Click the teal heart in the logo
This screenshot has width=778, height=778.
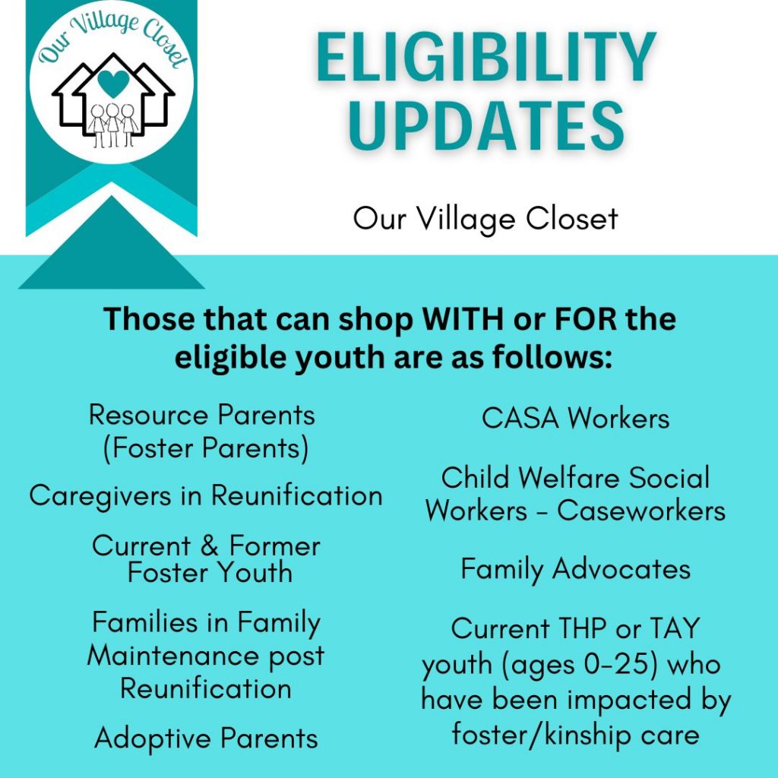[113, 83]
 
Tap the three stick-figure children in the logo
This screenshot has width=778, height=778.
[113, 125]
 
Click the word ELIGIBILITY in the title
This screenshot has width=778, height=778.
[486, 58]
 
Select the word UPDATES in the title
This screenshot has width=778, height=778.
[486, 125]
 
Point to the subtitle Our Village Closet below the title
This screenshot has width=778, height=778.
[485, 219]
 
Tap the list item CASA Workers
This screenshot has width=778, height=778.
[576, 418]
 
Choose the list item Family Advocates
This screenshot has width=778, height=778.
[576, 569]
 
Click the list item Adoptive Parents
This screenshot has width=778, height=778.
[206, 738]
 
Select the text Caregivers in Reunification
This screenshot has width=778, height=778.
[206, 496]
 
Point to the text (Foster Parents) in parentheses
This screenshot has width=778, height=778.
[206, 448]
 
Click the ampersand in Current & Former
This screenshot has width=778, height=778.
[210, 546]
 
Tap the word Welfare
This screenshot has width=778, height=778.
[571, 478]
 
